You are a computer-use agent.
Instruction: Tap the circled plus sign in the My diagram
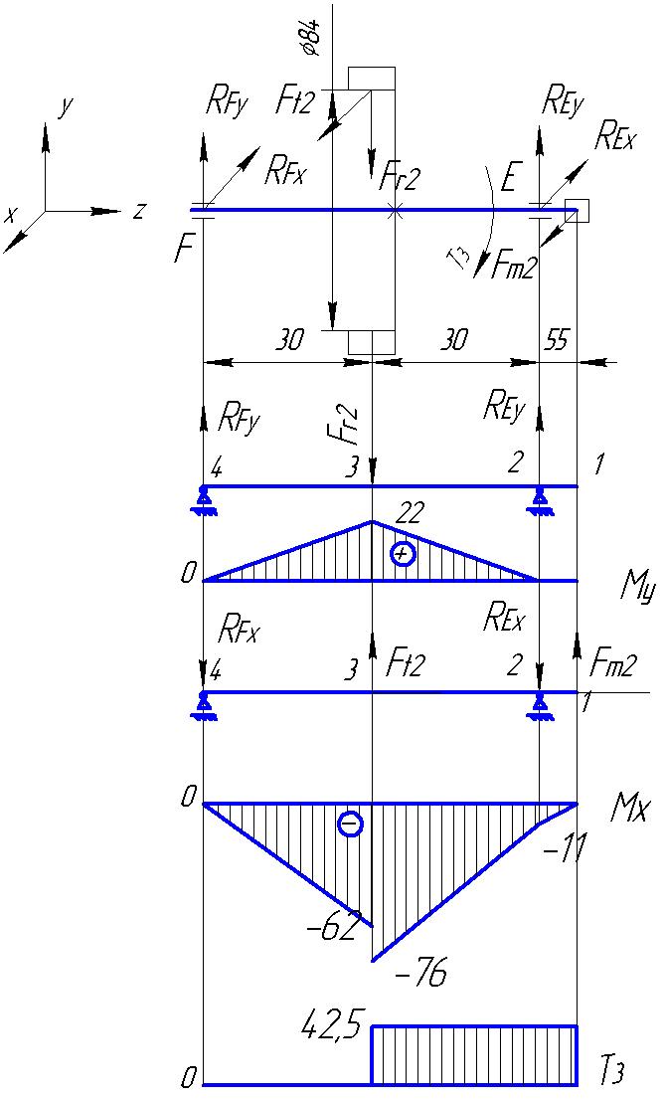click(x=402, y=554)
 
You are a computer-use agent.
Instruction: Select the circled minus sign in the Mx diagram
click(x=350, y=824)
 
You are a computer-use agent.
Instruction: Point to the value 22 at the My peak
click(x=410, y=514)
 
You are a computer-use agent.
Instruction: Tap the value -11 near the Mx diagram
click(x=564, y=851)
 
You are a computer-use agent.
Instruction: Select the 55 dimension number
click(x=557, y=340)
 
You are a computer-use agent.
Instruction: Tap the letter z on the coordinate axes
click(x=140, y=209)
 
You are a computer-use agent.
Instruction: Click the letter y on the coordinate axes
click(x=67, y=108)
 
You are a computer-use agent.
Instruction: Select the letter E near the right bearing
click(x=509, y=180)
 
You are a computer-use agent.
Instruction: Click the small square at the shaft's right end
click(x=578, y=211)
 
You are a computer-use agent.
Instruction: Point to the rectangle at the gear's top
click(x=371, y=79)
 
